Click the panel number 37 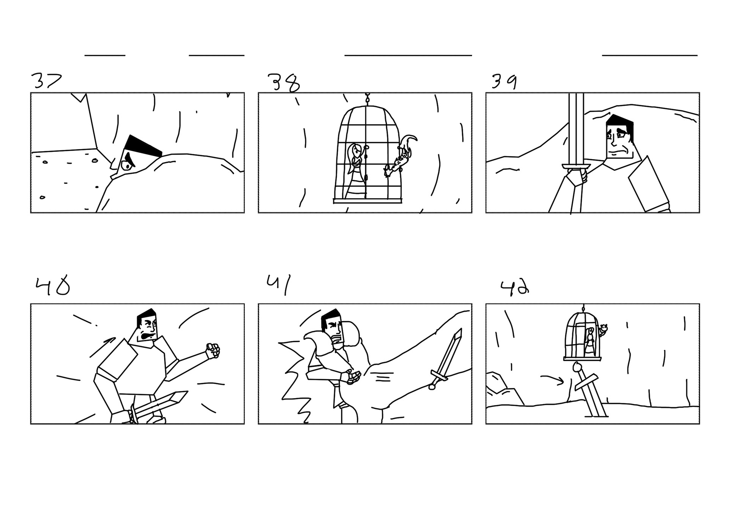(46, 81)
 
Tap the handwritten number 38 (284, 83)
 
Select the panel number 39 (504, 82)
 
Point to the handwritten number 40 (53, 287)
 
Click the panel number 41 (279, 285)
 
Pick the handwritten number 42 (514, 288)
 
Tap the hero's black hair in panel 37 (144, 146)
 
